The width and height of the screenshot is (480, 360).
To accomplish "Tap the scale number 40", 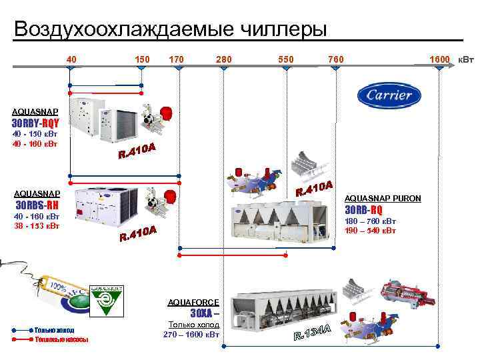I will pos(71,60).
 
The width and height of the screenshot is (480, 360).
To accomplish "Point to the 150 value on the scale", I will pos(142,60).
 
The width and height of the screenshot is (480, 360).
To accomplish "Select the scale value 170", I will pos(177,60).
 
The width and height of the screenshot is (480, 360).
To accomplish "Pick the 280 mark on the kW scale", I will pos(224,60).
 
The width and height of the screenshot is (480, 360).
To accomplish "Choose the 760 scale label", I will pos(336,60).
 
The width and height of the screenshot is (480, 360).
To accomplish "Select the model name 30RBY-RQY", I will pos(36,123).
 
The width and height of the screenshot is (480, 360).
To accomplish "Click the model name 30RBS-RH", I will pos(37,205).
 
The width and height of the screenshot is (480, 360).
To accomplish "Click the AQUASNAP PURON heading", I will pos(383,198).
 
